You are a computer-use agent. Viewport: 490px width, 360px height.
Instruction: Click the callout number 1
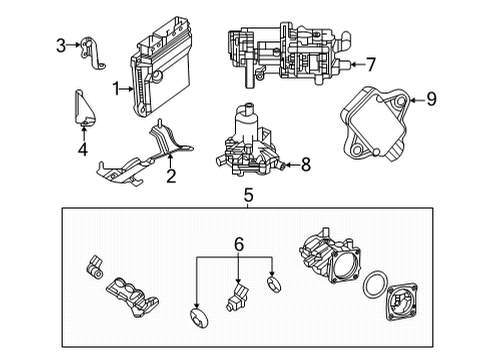(117, 89)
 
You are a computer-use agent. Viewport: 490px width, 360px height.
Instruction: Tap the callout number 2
(171, 177)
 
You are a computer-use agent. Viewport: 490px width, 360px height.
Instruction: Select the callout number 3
(60, 45)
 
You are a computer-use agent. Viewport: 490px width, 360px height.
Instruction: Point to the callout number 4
(83, 152)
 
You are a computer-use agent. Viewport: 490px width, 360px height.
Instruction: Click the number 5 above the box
(247, 195)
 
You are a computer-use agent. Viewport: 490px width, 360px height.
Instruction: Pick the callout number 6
(237, 243)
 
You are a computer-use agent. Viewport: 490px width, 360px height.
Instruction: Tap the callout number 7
(370, 66)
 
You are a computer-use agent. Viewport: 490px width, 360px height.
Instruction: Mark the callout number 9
(432, 98)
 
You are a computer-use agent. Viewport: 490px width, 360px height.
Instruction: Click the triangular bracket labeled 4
(83, 109)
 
